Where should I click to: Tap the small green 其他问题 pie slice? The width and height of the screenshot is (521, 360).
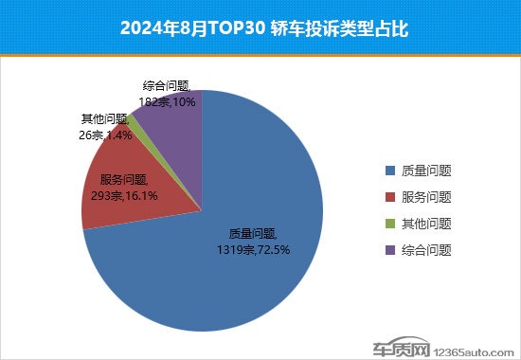point(136,122)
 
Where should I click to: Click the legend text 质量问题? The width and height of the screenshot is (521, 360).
point(425,171)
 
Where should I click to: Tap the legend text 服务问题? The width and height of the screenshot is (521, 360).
point(425,198)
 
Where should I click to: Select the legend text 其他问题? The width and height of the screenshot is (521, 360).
point(425,225)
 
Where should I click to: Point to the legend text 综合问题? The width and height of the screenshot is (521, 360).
point(425,251)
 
